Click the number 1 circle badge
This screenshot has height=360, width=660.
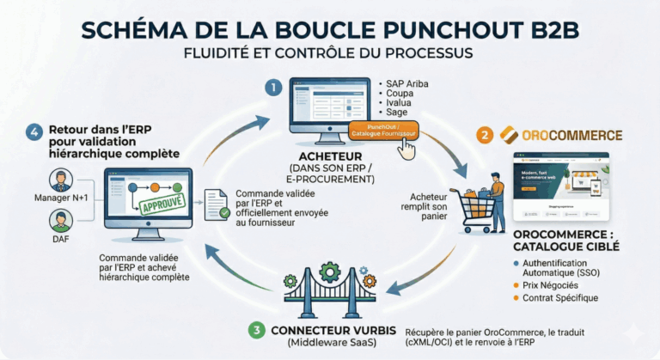273,88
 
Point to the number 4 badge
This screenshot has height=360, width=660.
34,132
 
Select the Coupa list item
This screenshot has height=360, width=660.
400,93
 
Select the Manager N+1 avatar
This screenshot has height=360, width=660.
60,181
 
